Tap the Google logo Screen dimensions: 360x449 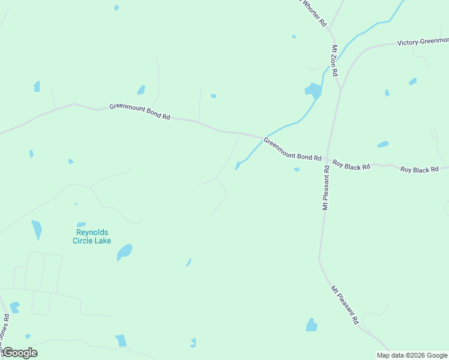point(19,353)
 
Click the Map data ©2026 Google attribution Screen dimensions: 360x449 point(412,355)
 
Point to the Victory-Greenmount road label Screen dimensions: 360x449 point(423,43)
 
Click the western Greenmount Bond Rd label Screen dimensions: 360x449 point(140,112)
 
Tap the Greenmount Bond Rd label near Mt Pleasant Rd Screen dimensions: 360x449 point(292,149)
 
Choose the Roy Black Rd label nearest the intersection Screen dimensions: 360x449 point(351,165)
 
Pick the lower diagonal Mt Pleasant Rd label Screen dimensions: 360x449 point(345,305)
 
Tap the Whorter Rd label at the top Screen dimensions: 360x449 point(313,12)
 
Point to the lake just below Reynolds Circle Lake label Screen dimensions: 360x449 point(124,252)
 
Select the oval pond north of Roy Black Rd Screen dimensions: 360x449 point(382,145)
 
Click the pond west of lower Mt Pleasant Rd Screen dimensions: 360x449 point(312,325)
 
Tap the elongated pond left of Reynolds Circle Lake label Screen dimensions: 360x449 point(37,229)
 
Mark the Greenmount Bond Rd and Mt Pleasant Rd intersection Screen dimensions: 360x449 point(327,160)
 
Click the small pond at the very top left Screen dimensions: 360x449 point(116,8)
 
